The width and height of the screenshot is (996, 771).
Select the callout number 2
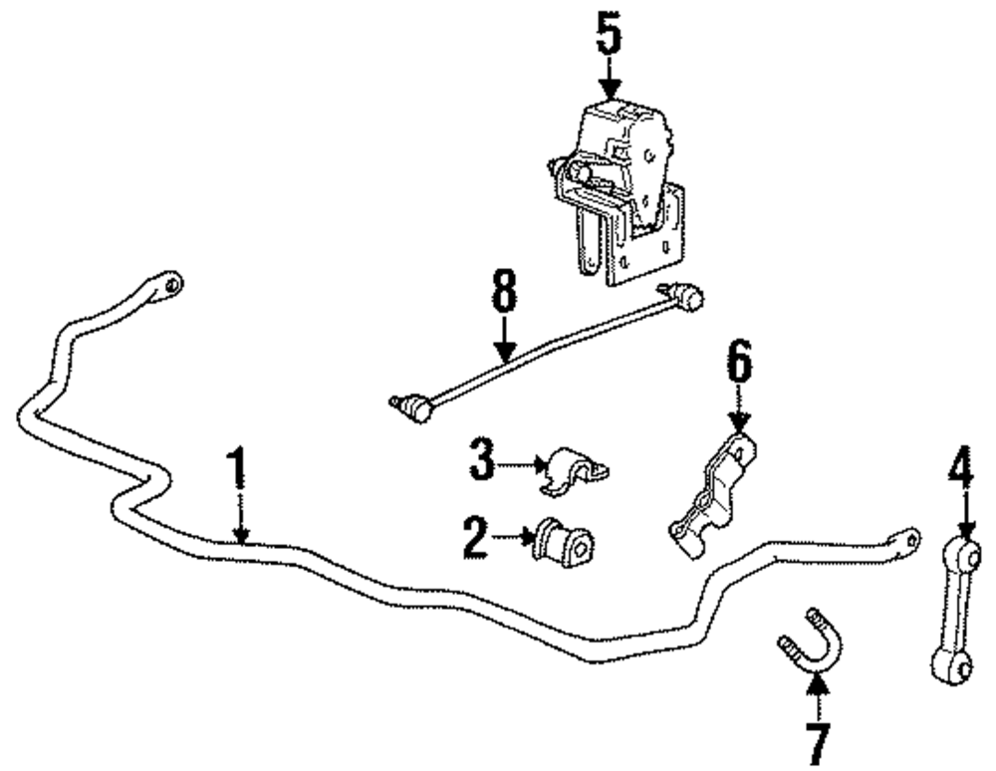pos(476,539)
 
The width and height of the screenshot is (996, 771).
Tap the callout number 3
pos(482,461)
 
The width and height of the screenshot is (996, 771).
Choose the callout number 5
pos(609,37)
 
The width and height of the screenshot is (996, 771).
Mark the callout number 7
pos(817,741)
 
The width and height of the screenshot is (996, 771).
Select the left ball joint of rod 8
pos(408,403)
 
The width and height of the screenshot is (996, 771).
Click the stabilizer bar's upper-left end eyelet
pos(171,284)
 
